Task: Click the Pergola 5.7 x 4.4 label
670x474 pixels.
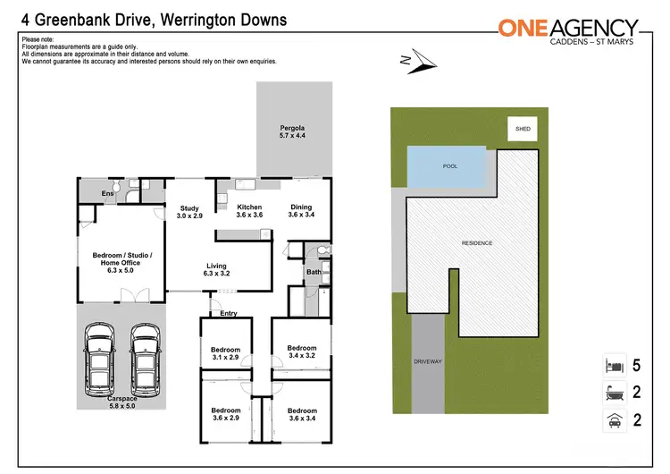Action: [293, 131]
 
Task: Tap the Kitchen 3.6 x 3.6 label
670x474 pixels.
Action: [249, 211]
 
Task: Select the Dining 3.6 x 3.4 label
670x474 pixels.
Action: [301, 211]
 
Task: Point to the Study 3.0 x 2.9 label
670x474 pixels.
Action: [188, 211]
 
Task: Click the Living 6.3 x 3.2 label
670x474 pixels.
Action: [217, 270]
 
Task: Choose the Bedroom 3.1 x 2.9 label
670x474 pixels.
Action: [225, 354]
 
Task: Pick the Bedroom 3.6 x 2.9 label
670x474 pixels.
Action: [225, 414]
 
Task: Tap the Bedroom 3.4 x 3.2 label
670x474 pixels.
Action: [302, 352]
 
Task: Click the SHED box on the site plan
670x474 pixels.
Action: [523, 129]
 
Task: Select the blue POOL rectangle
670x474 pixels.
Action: [449, 167]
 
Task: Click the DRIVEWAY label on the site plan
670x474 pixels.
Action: [428, 361]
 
